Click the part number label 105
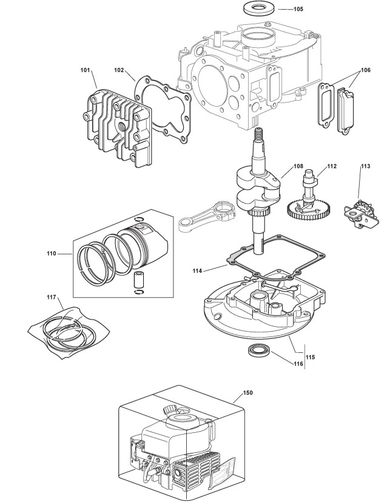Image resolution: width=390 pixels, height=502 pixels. pyautogui.click(x=298, y=10)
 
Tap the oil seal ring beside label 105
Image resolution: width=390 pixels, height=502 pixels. pyautogui.click(x=258, y=8)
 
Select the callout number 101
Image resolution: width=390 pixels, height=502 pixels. pyautogui.click(x=86, y=70)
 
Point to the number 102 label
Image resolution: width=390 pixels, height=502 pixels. pyautogui.click(x=119, y=70)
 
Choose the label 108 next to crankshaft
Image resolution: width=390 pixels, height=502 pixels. pyautogui.click(x=298, y=165)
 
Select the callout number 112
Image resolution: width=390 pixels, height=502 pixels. pyautogui.click(x=331, y=165)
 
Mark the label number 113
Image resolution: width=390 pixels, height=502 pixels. pyautogui.click(x=365, y=165)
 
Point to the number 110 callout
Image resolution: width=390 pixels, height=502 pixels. pyautogui.click(x=51, y=253)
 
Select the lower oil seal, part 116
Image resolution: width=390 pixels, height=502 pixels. pyautogui.click(x=260, y=352)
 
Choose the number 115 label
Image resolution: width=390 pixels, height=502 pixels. pyautogui.click(x=310, y=357)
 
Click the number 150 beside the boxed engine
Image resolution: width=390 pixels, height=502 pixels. pyautogui.click(x=247, y=393)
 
